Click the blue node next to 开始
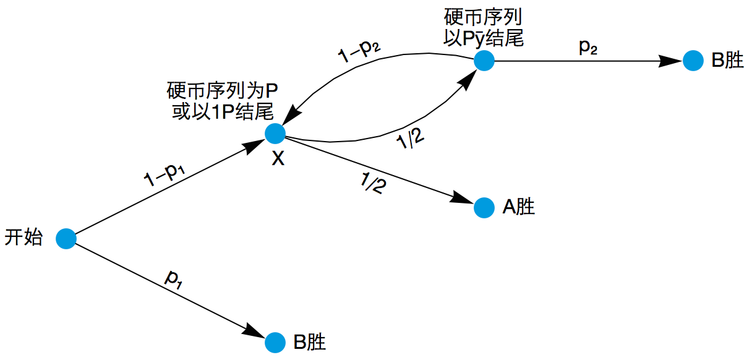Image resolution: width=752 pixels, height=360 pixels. tap(66, 239)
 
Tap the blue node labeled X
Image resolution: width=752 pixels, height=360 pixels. tap(275, 134)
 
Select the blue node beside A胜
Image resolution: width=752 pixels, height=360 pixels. tap(484, 208)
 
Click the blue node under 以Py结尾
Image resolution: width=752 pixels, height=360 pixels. tap(484, 61)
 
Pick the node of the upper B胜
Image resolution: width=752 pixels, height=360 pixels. tap(693, 61)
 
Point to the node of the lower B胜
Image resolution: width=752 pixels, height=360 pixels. tap(275, 343)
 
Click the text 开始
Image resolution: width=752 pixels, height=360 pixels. tap(23, 237)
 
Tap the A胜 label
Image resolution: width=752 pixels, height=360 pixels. tap(518, 207)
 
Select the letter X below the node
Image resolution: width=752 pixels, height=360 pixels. tap(278, 158)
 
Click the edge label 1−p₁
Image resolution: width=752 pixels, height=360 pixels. tap(164, 174)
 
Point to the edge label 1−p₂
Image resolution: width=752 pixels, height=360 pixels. tap(359, 51)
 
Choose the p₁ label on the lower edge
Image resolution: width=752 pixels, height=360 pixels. tap(174, 280)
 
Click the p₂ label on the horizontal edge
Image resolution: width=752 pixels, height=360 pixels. tap(588, 47)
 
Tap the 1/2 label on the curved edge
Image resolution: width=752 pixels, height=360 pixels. tap(410, 139)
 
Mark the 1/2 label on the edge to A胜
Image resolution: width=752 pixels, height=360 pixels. tap(374, 182)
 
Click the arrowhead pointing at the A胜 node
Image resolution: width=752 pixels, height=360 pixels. tap(462, 197)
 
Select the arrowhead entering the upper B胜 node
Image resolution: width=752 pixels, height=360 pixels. tap(670, 61)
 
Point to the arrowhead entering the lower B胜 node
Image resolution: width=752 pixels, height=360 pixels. tap(253, 331)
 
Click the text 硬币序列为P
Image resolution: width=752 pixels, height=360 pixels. tap(222, 91)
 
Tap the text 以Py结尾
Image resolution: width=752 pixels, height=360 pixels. tap(484, 38)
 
